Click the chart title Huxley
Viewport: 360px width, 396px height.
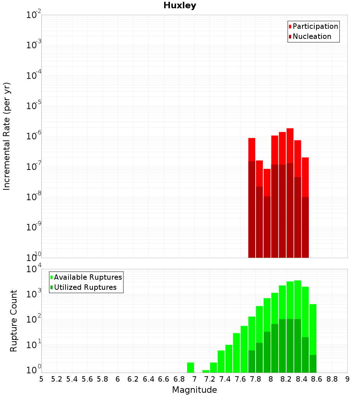tap(180, 5)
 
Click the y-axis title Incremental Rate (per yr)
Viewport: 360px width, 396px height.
tap(7, 136)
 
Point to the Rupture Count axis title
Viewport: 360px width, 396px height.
tap(14, 321)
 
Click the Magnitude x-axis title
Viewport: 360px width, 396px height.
tap(194, 390)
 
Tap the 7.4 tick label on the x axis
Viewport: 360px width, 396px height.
tap(225, 379)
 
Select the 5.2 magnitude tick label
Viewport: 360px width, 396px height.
tap(57, 379)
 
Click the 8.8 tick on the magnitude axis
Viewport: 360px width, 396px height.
tap(332, 379)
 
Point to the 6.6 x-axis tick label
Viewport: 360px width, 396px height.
tap(164, 379)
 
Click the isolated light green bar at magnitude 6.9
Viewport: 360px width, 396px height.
tap(190, 368)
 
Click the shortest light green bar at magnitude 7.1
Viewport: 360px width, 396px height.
tap(206, 371)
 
